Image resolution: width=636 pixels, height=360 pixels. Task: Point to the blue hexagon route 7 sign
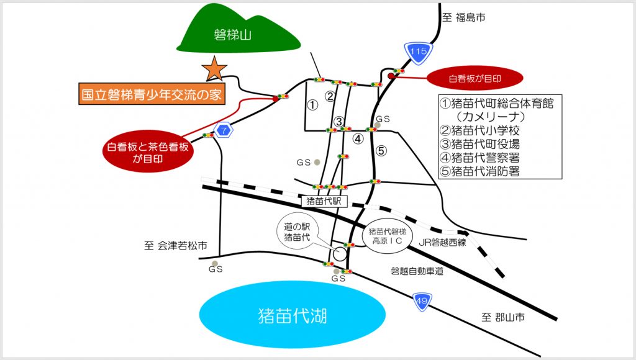(222, 130)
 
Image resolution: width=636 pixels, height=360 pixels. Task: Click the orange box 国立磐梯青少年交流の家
(152, 96)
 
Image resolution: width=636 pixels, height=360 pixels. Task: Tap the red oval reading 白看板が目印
(475, 79)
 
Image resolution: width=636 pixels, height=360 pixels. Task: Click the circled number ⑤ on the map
(381, 150)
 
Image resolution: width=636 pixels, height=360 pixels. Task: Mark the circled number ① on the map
(312, 105)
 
